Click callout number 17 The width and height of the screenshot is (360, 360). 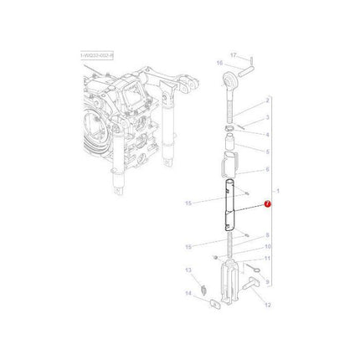[x=234, y=53]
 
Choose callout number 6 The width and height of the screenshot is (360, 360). [x=266, y=169]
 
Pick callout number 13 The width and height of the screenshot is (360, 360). [x=188, y=270]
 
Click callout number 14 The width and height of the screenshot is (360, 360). [x=188, y=293]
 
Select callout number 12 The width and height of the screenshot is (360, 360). [x=267, y=307]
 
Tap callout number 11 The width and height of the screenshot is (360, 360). [x=267, y=260]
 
